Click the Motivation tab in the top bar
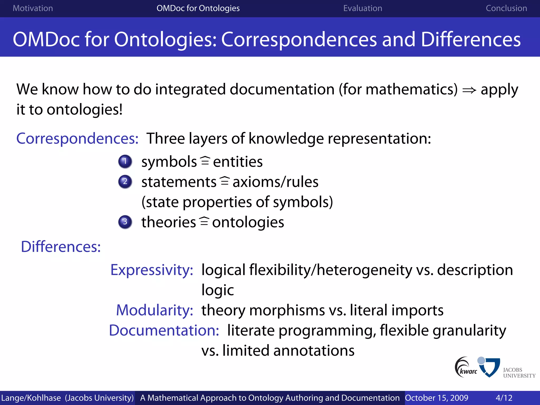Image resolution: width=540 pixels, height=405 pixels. pyautogui.click(x=33, y=8)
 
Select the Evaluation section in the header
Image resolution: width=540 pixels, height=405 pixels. pyautogui.click(x=363, y=8)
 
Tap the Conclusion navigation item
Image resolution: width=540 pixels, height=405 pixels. pyautogui.click(x=506, y=8)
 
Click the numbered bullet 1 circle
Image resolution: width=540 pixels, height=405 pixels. pyautogui.click(x=125, y=161)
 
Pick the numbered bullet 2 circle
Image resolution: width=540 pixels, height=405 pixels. pyautogui.click(x=125, y=182)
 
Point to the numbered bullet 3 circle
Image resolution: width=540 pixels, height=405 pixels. pyautogui.click(x=125, y=222)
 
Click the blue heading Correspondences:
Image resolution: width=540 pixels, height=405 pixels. pyautogui.click(x=77, y=138)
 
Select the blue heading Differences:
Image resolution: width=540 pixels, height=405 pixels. pyautogui.click(x=61, y=247)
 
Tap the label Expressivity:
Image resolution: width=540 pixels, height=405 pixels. pyautogui.click(x=152, y=270)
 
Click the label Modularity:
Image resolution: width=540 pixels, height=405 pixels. pyautogui.click(x=155, y=310)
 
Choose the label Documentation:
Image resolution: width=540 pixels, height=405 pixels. pyautogui.click(x=164, y=330)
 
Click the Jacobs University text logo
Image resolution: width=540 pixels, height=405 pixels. pyautogui.click(x=519, y=373)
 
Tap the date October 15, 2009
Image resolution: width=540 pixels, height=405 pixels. pyautogui.click(x=436, y=398)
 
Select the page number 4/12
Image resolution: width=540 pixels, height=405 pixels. pyautogui.click(x=504, y=398)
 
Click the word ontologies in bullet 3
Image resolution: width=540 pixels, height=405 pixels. pyautogui.click(x=248, y=222)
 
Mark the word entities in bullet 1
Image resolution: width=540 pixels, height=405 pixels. pyautogui.click(x=238, y=162)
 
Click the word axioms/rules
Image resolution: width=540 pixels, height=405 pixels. pyautogui.click(x=275, y=182)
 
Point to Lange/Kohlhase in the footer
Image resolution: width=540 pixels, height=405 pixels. pyautogui.click(x=31, y=398)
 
